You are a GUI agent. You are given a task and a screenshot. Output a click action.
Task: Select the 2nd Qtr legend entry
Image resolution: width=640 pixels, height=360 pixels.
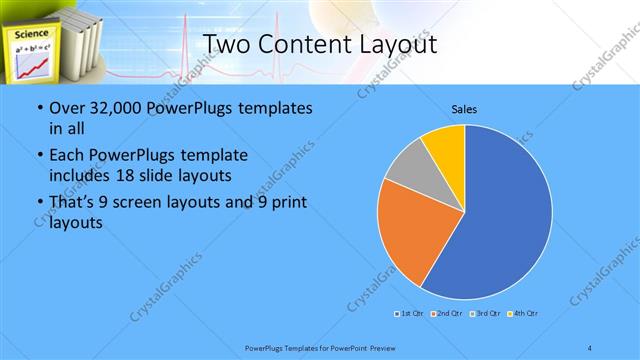point(447,315)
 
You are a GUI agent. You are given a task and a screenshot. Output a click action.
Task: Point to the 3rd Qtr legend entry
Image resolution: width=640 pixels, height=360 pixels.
point(486,315)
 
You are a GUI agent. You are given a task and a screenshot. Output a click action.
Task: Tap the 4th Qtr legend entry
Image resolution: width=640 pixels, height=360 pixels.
point(523,315)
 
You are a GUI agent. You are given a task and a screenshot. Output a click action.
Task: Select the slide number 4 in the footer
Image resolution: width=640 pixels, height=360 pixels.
point(590,347)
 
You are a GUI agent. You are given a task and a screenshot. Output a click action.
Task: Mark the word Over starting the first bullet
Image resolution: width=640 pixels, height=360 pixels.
point(68,108)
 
